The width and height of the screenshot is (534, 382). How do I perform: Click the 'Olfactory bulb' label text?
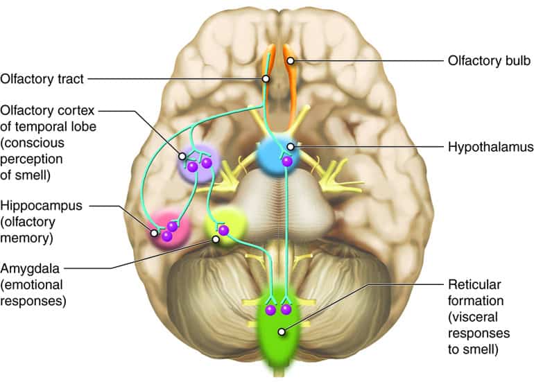point(489,61)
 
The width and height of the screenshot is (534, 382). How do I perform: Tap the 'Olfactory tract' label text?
point(42,79)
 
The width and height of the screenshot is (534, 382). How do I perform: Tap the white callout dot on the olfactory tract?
point(265,79)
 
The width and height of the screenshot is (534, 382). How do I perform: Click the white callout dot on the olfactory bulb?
point(292,61)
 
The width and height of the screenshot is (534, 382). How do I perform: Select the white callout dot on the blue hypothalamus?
point(288,146)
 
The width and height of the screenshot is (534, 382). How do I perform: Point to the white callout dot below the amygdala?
point(216,239)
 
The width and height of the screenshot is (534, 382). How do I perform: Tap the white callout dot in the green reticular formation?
point(282,331)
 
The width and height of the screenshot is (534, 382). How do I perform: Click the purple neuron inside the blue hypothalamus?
point(286,162)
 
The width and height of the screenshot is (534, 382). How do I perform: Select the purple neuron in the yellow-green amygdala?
point(223,229)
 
